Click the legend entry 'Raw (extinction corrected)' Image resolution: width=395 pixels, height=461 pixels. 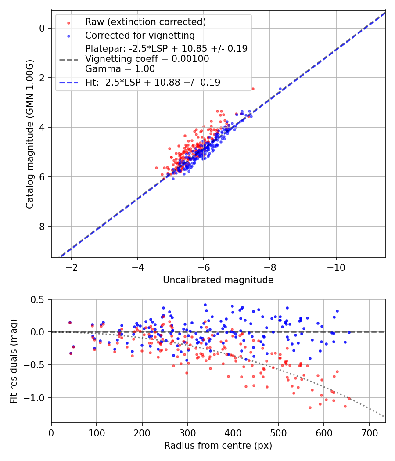145,22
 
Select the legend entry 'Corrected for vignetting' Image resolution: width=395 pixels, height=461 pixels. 140,35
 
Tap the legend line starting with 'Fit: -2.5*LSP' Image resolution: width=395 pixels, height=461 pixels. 153,82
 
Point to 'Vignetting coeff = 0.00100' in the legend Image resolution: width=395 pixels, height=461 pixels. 147,59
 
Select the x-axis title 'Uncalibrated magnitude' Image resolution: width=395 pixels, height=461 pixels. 218,280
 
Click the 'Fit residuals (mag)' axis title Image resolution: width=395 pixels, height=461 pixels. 14,361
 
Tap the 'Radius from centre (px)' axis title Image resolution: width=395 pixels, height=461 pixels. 218,446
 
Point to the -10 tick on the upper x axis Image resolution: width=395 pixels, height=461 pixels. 336,267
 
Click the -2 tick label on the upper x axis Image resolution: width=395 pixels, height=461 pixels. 72,267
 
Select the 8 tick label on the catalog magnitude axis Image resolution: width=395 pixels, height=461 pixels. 43,227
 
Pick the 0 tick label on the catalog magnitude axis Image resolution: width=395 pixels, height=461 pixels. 43,28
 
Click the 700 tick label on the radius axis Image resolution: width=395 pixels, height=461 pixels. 369,433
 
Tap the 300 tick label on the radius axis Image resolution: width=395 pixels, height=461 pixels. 187,433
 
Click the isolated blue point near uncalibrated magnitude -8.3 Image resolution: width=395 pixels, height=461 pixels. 280,89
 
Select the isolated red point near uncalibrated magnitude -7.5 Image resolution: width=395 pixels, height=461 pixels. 252,89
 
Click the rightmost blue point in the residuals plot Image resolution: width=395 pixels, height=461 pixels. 349,332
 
